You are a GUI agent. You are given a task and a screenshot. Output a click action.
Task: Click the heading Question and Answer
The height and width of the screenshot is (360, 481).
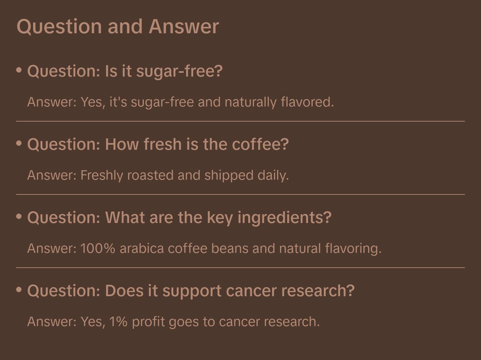point(118,26)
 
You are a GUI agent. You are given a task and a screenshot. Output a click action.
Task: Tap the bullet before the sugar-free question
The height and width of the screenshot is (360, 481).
point(19,70)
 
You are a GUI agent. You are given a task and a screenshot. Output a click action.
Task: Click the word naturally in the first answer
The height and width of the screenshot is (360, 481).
point(251,102)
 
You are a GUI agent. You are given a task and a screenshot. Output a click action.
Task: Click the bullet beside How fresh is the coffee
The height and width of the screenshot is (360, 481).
point(19,143)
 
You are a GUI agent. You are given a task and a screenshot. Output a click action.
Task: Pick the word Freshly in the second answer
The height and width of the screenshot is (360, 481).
point(102,175)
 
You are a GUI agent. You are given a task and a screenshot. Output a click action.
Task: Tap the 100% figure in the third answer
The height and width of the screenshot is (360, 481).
point(98,249)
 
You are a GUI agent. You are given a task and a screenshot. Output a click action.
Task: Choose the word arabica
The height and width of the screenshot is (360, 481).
point(142,249)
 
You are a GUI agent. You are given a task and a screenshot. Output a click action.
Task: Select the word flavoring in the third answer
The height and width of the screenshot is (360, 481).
point(353,249)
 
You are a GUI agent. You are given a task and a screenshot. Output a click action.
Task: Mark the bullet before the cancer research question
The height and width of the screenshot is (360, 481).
point(19,289)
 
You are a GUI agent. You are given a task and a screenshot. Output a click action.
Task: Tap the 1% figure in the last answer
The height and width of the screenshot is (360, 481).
point(118,322)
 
